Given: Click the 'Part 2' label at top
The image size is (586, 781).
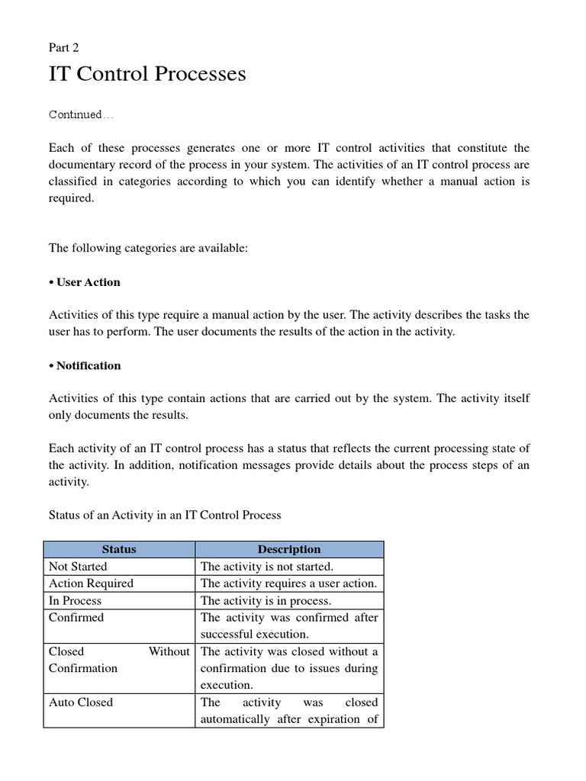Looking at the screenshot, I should coord(64,47).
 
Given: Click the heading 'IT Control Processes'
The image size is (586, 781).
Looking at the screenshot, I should coord(147,74).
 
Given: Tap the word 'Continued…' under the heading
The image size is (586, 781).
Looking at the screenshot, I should coord(81,114).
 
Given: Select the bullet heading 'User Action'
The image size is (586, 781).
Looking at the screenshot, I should coord(85,282).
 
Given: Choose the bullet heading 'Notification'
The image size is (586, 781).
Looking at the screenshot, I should coord(85,365).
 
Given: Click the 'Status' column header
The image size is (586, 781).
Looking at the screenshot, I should coord(119,549).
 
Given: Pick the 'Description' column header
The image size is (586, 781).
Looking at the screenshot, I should coord(289,549).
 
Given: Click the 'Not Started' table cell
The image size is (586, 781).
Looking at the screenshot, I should coord(78,567).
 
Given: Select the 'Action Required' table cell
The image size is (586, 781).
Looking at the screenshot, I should coord(91,583).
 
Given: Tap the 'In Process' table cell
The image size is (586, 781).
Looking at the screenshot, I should coord(75,600).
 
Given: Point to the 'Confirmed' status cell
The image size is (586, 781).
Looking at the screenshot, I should coord(76,617).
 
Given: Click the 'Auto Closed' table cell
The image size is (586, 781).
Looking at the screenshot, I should coord(81,702).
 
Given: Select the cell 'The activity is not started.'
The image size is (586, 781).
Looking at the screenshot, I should coord(267,567).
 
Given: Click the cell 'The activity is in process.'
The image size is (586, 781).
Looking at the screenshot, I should coord(266,600).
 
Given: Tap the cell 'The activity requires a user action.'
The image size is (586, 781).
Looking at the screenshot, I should coord(288,583).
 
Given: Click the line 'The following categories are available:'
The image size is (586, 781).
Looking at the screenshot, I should coord(149,248).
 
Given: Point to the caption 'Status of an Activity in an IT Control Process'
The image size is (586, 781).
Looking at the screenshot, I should coord(165,515).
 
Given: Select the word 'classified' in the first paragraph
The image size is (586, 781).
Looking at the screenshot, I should coord(73,182).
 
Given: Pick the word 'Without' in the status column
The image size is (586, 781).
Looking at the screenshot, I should coord(169,651).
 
